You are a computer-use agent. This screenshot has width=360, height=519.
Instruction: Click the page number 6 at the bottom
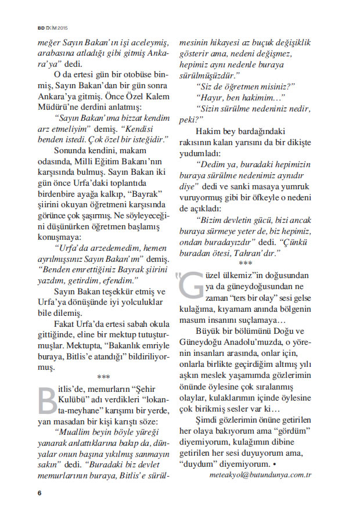coord(39,493)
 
